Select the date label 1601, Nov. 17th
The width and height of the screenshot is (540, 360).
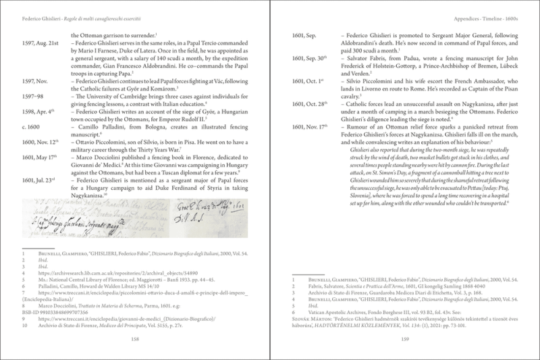pos(308,126)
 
